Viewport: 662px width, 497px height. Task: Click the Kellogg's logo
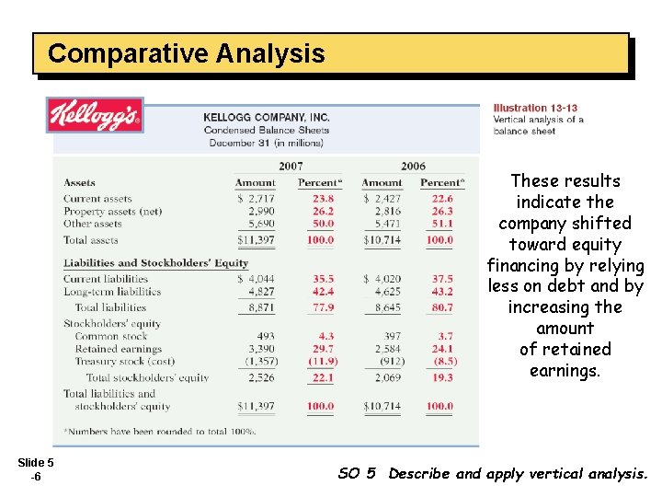pyautogui.click(x=95, y=115)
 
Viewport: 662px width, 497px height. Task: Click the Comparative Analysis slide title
pyautogui.click(x=186, y=53)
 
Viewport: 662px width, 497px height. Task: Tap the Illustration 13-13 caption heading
pyautogui.click(x=535, y=108)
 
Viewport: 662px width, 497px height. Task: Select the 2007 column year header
pyautogui.click(x=291, y=166)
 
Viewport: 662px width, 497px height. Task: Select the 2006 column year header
pyautogui.click(x=413, y=166)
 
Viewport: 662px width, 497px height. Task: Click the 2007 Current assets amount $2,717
pyautogui.click(x=256, y=199)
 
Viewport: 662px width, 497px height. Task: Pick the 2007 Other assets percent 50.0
pyautogui.click(x=323, y=224)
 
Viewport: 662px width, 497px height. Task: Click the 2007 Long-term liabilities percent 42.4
pyautogui.click(x=323, y=292)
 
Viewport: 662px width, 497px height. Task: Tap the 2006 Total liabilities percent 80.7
pyautogui.click(x=441, y=307)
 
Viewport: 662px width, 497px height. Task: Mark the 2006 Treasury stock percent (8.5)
pyautogui.click(x=441, y=362)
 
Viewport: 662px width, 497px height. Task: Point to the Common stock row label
pyautogui.click(x=111, y=336)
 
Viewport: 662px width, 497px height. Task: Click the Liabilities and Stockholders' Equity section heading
pyautogui.click(x=156, y=263)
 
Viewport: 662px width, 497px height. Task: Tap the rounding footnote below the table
pyautogui.click(x=159, y=431)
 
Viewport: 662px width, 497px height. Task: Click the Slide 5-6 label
pyautogui.click(x=35, y=469)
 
